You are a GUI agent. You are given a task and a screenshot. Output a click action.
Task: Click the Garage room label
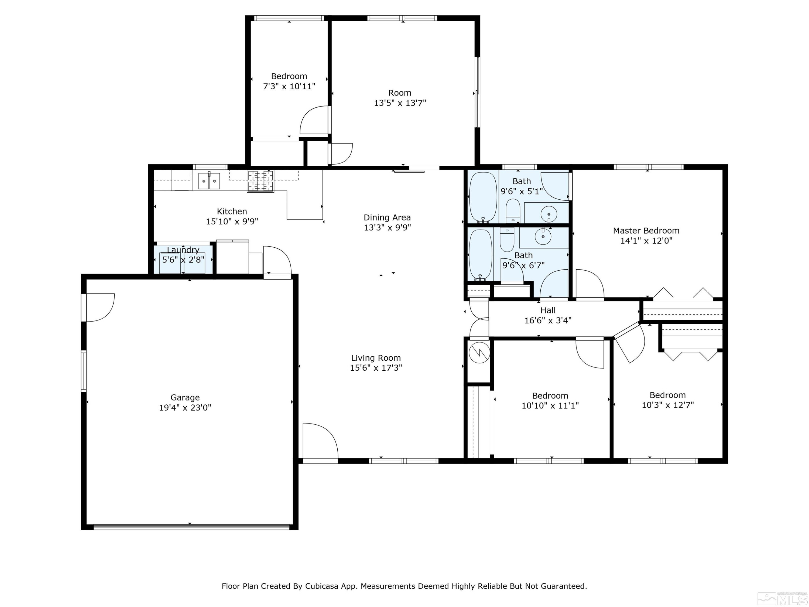pyautogui.click(x=185, y=397)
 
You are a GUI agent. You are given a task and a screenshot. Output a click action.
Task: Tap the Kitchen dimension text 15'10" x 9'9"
pyautogui.click(x=232, y=221)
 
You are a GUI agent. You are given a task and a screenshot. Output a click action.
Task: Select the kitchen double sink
pyautogui.click(x=209, y=181)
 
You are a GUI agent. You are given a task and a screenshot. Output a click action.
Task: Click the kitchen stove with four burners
pyautogui.click(x=260, y=181)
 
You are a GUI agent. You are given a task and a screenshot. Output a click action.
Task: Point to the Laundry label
pyautogui.click(x=183, y=250)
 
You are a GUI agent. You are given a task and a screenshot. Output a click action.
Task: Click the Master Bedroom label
pyautogui.click(x=646, y=230)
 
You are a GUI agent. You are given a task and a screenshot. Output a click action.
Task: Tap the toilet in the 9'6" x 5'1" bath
pyautogui.click(x=513, y=211)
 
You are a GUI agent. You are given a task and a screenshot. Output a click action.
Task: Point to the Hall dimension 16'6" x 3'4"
pyautogui.click(x=548, y=320)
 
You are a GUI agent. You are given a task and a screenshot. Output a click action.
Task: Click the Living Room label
pyautogui.click(x=376, y=358)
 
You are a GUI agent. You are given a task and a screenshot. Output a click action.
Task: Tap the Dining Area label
pyautogui.click(x=387, y=217)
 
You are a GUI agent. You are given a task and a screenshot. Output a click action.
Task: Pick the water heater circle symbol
pyautogui.click(x=479, y=352)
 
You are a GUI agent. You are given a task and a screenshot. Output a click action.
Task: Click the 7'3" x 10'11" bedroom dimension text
pyautogui.click(x=289, y=86)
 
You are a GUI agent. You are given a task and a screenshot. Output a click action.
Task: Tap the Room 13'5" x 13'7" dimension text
pyautogui.click(x=400, y=103)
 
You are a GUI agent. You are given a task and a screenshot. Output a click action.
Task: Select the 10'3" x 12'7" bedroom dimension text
pyautogui.click(x=667, y=405)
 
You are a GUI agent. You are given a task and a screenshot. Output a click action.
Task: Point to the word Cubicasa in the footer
pyautogui.click(x=322, y=586)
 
